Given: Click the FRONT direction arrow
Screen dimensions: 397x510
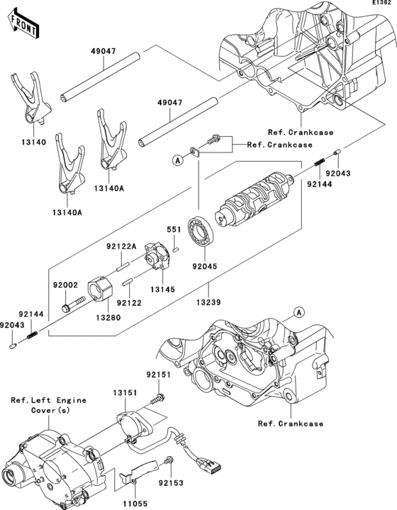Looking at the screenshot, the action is point(23,24).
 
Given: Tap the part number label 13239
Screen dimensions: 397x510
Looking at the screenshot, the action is point(208,302).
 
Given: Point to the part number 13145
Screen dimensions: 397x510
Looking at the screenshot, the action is point(162,289).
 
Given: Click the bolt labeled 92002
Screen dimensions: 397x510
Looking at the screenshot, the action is point(73,303).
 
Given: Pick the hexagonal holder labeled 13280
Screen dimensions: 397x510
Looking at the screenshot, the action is point(100,289).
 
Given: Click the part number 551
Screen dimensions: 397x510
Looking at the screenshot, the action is point(174,230).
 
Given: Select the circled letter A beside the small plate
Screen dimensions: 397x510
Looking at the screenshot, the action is point(178,160).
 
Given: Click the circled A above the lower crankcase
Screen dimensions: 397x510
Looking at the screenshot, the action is point(299,313).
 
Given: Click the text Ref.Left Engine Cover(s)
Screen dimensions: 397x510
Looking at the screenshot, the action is point(49,405).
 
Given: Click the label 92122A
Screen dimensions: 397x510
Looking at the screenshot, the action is point(121,255).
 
